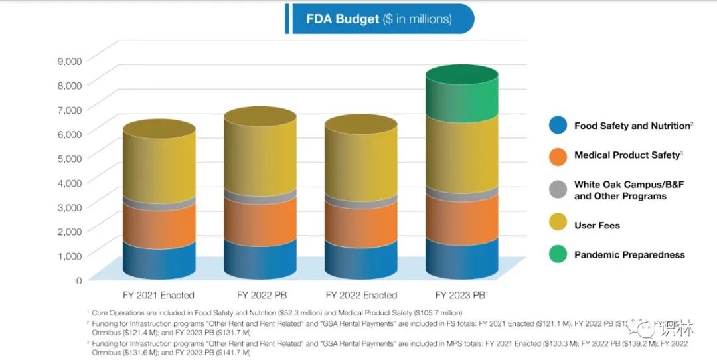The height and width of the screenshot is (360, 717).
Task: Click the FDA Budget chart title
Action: [x=378, y=19]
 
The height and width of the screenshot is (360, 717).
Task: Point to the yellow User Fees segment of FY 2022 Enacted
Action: [x=361, y=163]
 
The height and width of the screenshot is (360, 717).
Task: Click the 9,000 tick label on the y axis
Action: [x=70, y=60]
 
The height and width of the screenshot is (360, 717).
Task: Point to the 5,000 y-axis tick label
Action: [x=70, y=158]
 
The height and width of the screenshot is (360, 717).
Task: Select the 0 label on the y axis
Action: [x=78, y=280]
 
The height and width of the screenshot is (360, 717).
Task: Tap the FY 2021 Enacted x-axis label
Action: [x=159, y=295]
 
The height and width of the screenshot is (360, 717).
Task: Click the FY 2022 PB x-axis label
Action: [x=260, y=295]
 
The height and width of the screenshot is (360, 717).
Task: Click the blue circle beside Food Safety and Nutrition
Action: [x=558, y=126]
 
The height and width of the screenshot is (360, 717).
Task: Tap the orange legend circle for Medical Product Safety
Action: [x=558, y=156]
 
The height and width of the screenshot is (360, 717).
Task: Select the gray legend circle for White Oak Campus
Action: [x=558, y=190]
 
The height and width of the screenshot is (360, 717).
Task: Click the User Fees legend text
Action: [x=597, y=225]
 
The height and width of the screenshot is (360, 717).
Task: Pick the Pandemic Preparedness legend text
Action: [x=629, y=254]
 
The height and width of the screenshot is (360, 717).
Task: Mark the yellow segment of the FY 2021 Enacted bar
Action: [x=159, y=166]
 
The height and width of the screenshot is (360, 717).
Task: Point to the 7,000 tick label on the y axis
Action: [x=70, y=109]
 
